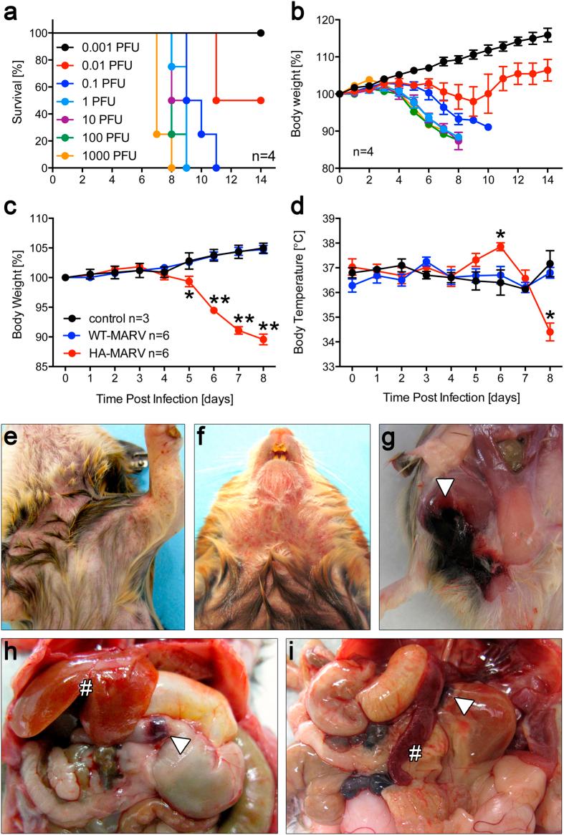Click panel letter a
pos(9,11)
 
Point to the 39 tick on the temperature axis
pos(331,220)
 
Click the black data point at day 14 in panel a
pos(260,33)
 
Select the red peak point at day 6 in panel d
pos(500,247)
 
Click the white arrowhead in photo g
pos(445,488)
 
